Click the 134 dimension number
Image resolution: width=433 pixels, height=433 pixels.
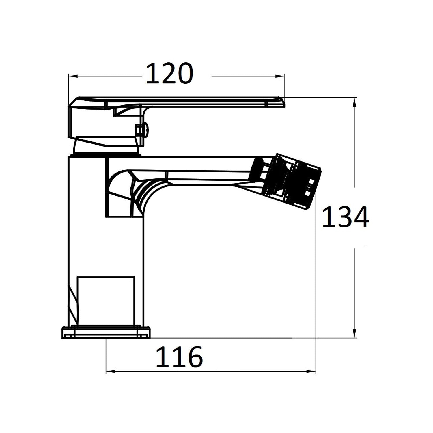[345, 217]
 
